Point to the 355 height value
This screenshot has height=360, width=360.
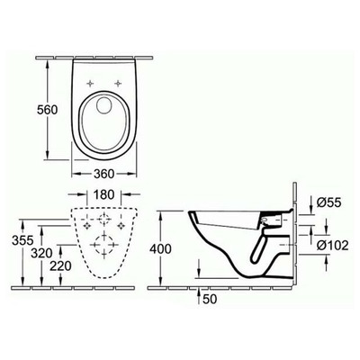point(13,241)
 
